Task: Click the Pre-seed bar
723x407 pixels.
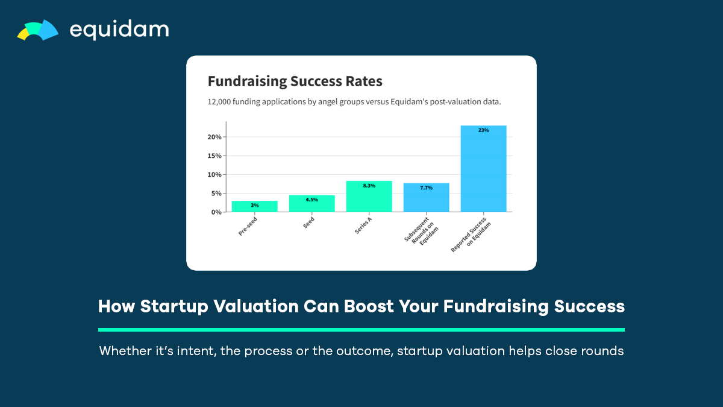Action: pos(255,206)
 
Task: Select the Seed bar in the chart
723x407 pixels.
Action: pos(312,204)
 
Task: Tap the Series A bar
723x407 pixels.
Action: pos(369,197)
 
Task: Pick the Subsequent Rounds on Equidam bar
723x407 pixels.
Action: pos(426,198)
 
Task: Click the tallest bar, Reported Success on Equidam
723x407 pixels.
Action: pos(483,169)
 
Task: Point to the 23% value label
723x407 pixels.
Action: pos(483,130)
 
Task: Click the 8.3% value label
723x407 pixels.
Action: pos(369,186)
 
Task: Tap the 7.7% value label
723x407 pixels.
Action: pos(426,188)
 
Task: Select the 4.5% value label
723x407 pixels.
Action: pos(312,200)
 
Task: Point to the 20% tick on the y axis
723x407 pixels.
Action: pos(214,137)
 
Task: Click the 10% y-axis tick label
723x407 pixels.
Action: pos(214,174)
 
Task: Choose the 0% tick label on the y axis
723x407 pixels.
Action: pos(216,212)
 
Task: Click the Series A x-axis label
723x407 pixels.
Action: pos(363,226)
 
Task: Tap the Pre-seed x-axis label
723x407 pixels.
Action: pos(248,226)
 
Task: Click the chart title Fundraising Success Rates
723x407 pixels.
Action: pos(295,81)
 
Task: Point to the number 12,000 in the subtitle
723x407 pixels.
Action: pos(219,102)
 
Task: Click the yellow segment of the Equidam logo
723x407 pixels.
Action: pos(23,34)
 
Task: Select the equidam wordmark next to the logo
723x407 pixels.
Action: pos(119,30)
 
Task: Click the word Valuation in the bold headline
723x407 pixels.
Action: pos(256,306)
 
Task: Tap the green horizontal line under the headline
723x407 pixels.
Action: pos(361,330)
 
